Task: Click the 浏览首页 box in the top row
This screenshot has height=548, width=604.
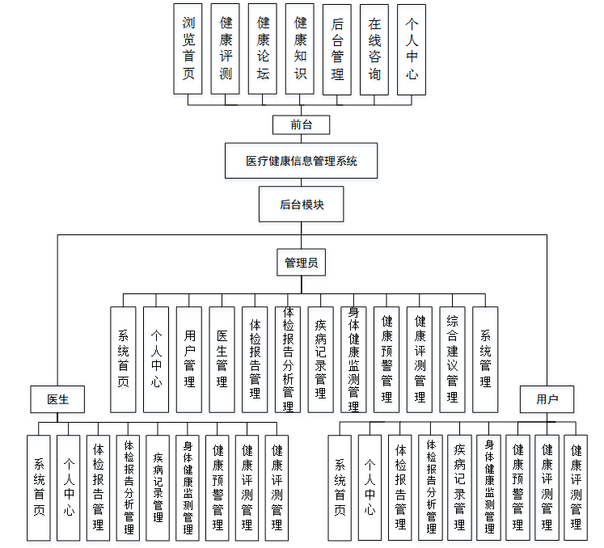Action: tap(188, 48)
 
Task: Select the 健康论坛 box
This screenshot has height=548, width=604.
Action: tap(263, 48)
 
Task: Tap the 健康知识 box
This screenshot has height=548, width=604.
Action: tap(300, 48)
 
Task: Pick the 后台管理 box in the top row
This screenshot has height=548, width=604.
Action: tap(337, 48)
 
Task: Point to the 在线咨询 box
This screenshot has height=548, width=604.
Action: tap(374, 48)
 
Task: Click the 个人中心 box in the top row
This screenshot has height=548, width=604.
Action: tap(412, 48)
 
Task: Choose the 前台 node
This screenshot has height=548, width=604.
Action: tap(300, 124)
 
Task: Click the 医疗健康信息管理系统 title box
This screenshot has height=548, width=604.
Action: tap(301, 161)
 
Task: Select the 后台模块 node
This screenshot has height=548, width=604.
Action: tap(301, 204)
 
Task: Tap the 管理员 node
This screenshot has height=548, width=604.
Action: tap(301, 263)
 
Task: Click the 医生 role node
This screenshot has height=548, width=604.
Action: tap(57, 399)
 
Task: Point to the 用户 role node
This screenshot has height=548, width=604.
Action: tap(547, 399)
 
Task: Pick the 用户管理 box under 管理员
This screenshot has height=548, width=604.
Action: tap(189, 359)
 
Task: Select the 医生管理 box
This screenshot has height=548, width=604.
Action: tap(222, 359)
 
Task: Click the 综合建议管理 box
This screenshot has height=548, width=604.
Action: tap(452, 359)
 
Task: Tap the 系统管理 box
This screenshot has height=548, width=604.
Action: tap(485, 359)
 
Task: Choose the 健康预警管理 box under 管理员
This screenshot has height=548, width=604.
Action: tap(386, 359)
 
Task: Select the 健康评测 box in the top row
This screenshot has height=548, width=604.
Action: tap(226, 48)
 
